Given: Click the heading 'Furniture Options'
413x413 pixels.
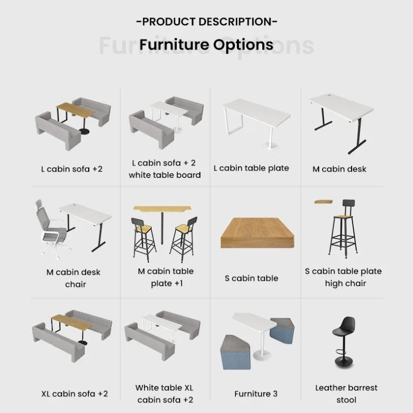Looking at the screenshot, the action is coord(206,44).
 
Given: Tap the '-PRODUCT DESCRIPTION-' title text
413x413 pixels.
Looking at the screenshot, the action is coord(207,22).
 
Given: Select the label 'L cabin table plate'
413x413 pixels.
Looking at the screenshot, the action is coord(251,168).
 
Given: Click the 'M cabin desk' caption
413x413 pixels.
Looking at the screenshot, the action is coord(339,169).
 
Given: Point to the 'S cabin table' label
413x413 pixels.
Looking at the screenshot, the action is coord(251,278).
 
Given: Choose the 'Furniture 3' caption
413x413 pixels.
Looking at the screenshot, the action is coord(256,394).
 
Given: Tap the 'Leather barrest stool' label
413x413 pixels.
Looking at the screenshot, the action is coord(346,394).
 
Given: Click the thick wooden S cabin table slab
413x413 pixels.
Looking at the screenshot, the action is coord(257,233).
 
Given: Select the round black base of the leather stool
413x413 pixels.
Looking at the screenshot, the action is coord(344,362).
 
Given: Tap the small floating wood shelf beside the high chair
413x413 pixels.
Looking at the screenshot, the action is coord(324,202).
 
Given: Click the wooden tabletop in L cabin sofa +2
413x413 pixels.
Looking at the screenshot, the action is coord(75,110).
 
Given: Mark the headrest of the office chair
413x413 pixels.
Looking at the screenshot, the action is coord(39,204).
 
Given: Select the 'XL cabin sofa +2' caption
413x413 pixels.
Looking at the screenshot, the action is coord(74,394).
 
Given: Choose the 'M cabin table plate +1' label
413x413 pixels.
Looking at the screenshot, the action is coord(166,277).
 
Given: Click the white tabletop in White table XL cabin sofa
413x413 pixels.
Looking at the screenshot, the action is coord(162,324).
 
